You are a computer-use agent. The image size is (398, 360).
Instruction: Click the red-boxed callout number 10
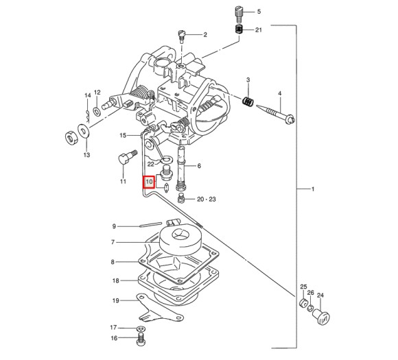tap(148, 183)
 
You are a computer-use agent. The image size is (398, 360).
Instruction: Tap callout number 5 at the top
tap(259, 12)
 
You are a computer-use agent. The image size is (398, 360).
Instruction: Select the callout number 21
tap(259, 30)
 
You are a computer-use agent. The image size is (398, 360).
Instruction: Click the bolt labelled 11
tap(124, 159)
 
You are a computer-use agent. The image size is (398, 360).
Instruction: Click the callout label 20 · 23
tap(206, 200)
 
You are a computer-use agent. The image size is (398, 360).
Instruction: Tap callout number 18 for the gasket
tap(115, 280)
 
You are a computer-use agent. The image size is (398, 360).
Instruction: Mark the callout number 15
tap(123, 135)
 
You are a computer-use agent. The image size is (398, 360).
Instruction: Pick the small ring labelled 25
tap(302, 302)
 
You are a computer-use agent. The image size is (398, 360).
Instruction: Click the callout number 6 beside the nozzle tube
tap(198, 165)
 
